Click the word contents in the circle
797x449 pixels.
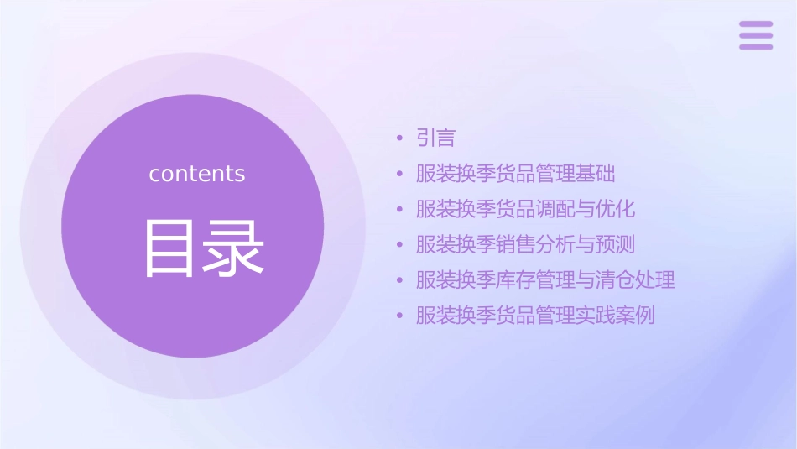tap(197, 174)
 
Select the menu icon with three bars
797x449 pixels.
tap(755, 35)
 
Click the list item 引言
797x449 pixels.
tap(435, 138)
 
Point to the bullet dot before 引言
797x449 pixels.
tap(400, 138)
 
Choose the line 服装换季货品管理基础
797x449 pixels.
tap(515, 174)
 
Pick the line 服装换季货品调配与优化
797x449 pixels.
tap(525, 209)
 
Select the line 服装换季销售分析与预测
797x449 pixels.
tap(525, 244)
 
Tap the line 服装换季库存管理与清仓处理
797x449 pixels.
tap(545, 279)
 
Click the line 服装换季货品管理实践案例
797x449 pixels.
tap(535, 316)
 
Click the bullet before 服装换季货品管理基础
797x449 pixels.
tap(400, 174)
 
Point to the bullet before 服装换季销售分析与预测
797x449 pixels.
tap(400, 244)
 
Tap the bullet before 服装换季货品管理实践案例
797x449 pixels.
tap(400, 316)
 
